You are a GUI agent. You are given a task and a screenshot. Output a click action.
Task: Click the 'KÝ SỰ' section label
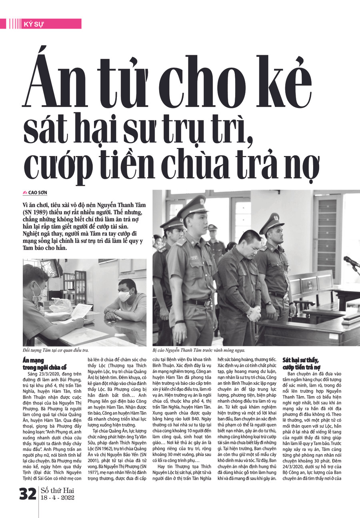point(34,24)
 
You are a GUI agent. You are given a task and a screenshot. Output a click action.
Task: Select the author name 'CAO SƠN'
point(38,193)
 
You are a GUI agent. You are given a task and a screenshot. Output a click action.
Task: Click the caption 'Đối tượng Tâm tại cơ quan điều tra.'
point(56,350)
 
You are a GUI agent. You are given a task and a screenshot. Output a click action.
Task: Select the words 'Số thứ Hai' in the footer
point(57,490)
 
